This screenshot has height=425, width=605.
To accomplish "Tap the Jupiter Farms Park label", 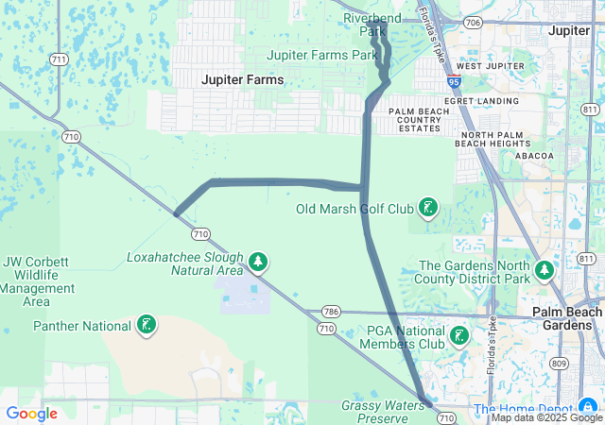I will [322, 55].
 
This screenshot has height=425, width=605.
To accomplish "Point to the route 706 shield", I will [473, 22].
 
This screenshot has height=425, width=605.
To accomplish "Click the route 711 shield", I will [60, 59].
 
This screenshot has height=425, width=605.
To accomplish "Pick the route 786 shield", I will [330, 311].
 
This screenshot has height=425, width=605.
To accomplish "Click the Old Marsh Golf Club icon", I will [428, 207].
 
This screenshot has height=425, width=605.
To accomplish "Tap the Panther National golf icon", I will [146, 326].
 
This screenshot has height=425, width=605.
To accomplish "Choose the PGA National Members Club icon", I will [458, 336].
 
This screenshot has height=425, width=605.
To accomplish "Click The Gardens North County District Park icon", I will [544, 272].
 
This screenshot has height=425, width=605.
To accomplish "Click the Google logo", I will [31, 414].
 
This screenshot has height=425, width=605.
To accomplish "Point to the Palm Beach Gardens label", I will [567, 318].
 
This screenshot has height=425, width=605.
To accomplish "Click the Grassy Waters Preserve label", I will [375, 411].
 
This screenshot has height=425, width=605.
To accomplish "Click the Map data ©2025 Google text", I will [545, 417].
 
